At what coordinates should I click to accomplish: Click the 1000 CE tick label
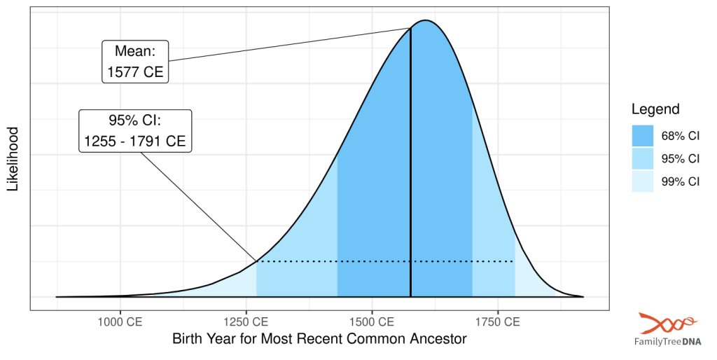click(120, 322)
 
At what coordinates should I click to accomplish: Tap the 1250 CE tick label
click(246, 322)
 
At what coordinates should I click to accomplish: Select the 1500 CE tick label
click(372, 322)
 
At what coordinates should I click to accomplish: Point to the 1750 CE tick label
click(498, 322)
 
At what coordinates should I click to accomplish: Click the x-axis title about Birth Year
click(319, 340)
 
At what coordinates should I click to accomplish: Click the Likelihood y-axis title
click(13, 159)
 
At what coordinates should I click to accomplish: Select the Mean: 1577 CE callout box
click(135, 62)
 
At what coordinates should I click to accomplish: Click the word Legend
click(655, 109)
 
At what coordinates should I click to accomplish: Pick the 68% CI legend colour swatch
click(642, 136)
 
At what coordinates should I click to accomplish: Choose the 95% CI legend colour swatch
click(642, 158)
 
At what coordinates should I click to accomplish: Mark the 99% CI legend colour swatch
click(642, 181)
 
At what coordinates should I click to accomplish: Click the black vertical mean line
click(410, 175)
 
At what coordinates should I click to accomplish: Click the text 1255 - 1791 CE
click(135, 141)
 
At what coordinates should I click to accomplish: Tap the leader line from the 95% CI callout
click(200, 207)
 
